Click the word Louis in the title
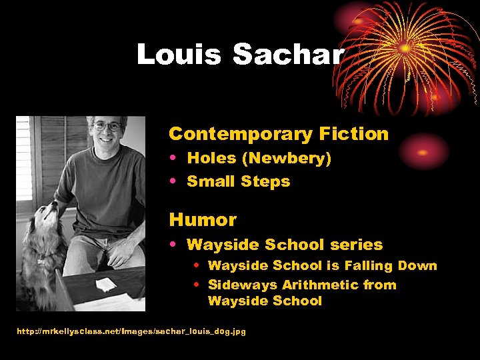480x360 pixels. (179, 54)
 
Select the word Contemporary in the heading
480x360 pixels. (232, 134)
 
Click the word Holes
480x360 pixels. (211, 158)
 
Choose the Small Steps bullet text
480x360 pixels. (239, 181)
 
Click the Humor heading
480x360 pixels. (203, 219)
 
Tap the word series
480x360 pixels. (359, 245)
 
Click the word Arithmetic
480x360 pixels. (321, 285)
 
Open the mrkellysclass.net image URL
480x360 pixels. (131, 331)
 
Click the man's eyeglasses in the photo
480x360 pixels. (107, 125)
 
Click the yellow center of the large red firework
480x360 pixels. (405, 49)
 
